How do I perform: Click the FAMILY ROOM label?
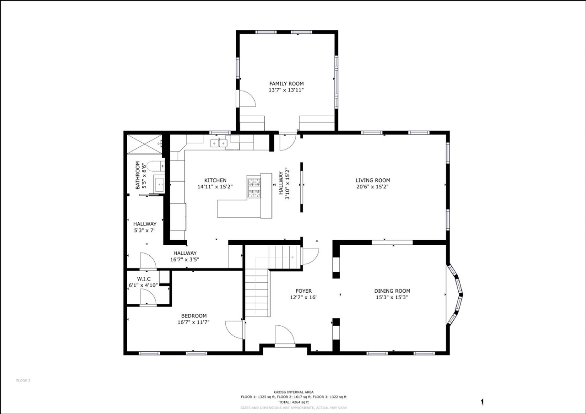click(286, 84)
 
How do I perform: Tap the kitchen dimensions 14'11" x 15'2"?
click(215, 187)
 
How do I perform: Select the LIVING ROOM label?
click(373, 180)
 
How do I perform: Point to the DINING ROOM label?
click(392, 291)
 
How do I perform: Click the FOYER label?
click(304, 291)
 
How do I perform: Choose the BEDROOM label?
click(194, 316)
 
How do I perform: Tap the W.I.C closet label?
click(144, 279)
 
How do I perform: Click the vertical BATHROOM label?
click(137, 175)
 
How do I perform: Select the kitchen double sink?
click(218, 143)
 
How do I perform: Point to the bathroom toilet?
click(154, 166)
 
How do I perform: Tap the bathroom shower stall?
click(144, 144)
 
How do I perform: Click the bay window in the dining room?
click(456, 295)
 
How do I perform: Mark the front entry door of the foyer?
click(285, 336)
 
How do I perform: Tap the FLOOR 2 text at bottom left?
click(23, 380)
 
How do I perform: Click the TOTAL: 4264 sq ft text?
click(293, 402)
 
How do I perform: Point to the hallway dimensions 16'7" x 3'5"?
click(186, 259)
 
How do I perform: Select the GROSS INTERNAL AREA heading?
click(293, 392)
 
